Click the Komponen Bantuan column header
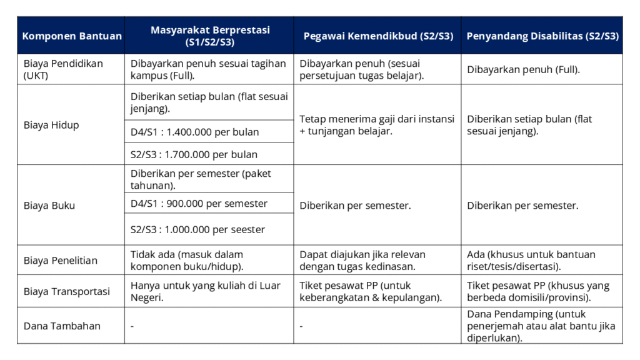[72, 36]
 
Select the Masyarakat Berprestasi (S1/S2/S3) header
[209, 36]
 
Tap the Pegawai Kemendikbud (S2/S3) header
[377, 36]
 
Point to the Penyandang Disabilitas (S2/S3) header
[542, 36]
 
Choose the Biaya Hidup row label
[51, 124]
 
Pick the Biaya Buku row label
[49, 205]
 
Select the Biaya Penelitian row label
[61, 260]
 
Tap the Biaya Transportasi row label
[66, 291]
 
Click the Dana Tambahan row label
[62, 326]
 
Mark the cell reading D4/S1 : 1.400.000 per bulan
[194, 132]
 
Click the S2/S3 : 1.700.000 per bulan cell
[194, 154]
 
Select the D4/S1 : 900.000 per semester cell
[199, 203]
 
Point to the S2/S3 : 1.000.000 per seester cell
[197, 229]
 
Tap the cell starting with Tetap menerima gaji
[377, 124]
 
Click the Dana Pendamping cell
[541, 326]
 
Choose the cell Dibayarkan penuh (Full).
[523, 69]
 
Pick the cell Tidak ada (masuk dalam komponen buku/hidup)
[187, 260]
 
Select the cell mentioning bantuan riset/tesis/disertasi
[531, 260]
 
